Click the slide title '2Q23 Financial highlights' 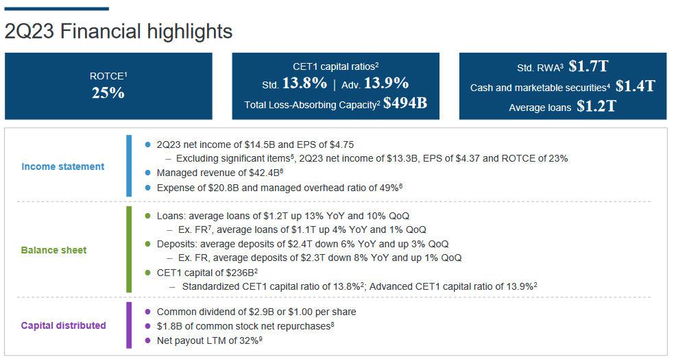point(119,32)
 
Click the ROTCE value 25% point(108,93)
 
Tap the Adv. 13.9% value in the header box point(386,84)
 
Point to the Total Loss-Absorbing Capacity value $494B point(405,103)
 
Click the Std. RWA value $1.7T point(589,66)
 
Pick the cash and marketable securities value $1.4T point(635,86)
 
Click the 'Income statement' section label point(63,166)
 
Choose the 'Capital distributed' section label point(63,325)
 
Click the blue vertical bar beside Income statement point(128,166)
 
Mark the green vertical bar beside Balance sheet point(128,249)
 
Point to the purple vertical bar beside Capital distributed point(128,325)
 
